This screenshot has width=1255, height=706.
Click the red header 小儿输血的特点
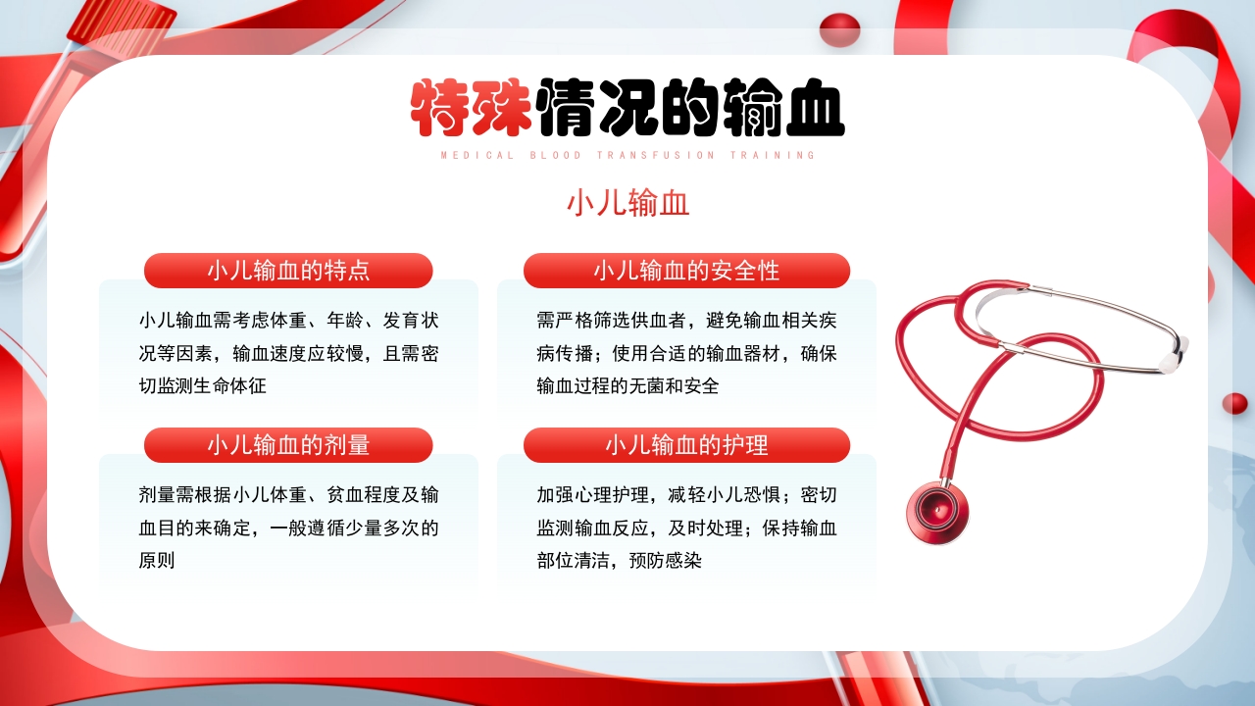pyautogui.click(x=288, y=271)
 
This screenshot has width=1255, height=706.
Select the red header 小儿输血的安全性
pyautogui.click(x=686, y=271)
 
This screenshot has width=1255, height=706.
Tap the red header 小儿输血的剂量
pyautogui.click(x=288, y=445)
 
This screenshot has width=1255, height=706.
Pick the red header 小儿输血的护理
pyautogui.click(x=686, y=445)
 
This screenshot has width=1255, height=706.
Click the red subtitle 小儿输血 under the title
pyautogui.click(x=627, y=203)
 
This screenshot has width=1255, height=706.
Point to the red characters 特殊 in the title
pyautogui.click(x=472, y=108)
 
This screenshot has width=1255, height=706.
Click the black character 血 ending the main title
pyautogui.click(x=812, y=108)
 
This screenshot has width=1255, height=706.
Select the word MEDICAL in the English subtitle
pyautogui.click(x=477, y=155)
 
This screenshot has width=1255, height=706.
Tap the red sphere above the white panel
pyautogui.click(x=839, y=29)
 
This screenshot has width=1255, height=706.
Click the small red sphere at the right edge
pyautogui.click(x=1234, y=403)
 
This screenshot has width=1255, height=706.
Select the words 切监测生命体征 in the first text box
pyautogui.click(x=203, y=386)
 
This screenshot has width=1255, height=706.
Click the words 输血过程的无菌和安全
pyautogui.click(x=627, y=386)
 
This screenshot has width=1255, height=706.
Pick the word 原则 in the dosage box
pyautogui.click(x=157, y=561)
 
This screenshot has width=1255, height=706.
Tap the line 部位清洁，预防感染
pyautogui.click(x=619, y=561)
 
